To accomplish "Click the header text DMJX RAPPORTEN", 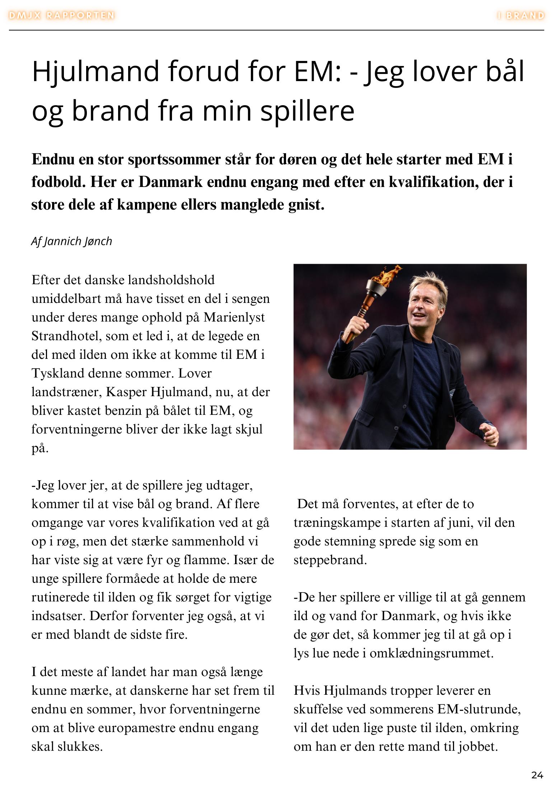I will coord(61,15).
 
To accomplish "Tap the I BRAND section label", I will coord(520,15).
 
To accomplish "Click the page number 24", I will coord(537,775).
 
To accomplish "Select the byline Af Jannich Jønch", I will coord(71,241).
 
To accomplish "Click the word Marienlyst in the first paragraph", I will coord(234,318).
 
